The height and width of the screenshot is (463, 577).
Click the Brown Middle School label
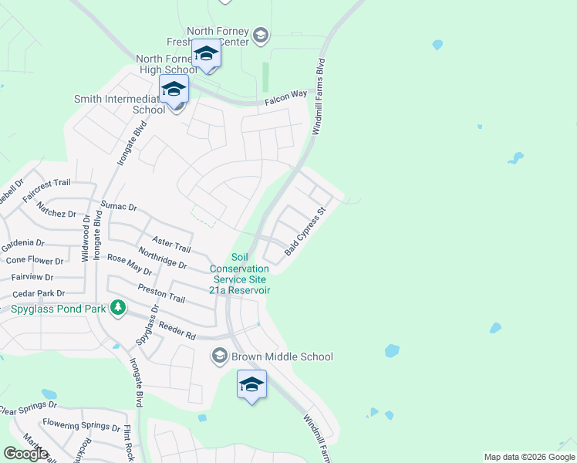click(282, 357)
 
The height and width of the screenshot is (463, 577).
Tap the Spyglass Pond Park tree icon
click(118, 309)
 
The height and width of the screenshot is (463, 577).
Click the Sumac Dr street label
click(119, 207)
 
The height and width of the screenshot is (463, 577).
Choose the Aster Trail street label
click(171, 245)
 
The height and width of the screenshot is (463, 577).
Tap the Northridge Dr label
click(162, 259)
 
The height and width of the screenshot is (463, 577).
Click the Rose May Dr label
click(130, 265)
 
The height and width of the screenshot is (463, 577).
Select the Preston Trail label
click(161, 293)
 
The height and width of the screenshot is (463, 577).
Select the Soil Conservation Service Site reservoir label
click(241, 274)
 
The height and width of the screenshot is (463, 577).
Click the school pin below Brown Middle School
click(251, 385)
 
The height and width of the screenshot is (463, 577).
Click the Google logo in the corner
click(25, 453)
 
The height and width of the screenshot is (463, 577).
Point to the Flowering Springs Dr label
click(81, 424)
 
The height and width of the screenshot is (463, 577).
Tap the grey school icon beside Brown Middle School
click(219, 355)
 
